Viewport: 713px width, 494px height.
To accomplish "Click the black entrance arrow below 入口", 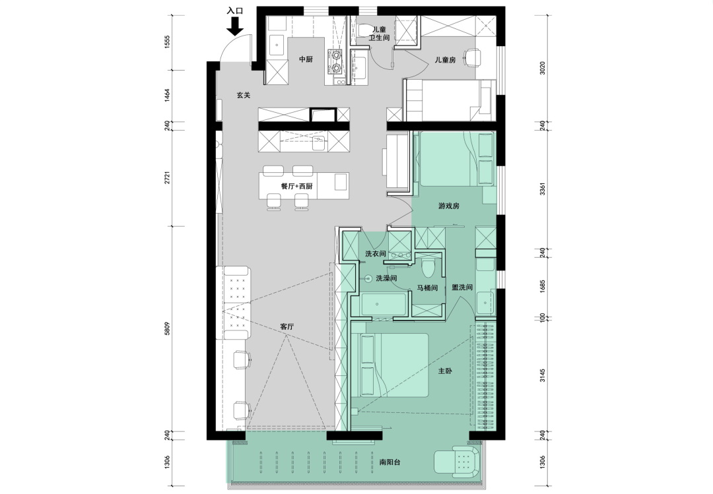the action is pos(234,26).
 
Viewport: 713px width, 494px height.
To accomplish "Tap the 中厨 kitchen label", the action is pos(306,59).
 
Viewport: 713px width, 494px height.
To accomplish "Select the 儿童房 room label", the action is pos(445,59).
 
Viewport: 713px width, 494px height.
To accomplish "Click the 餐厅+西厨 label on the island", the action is pos(297,187).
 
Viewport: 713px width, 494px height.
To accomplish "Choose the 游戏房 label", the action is pos(449,206).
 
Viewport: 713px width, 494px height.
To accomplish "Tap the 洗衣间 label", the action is pos(376,253).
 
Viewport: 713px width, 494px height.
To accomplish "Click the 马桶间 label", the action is pos(427,288).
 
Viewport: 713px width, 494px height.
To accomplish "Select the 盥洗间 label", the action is pos(462,287).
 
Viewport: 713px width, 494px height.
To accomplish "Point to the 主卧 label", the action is pos(445,371).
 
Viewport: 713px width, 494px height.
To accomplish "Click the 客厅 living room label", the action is pos(287,326).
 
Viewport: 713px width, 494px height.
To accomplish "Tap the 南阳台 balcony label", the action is pos(390,462).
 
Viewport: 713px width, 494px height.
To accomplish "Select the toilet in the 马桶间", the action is pos(427,269).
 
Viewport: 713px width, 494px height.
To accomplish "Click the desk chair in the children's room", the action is pos(472,57).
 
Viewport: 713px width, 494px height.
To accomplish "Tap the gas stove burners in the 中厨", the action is pos(336,62).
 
